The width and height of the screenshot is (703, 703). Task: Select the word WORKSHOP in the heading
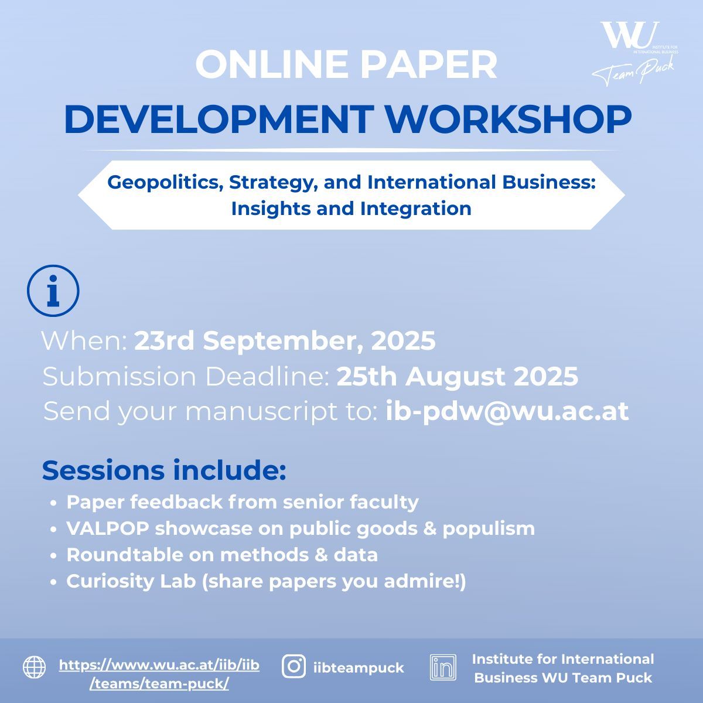coord(509,120)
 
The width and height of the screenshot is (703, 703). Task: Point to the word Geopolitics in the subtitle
coord(165,183)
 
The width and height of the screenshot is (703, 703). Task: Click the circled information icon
coord(53,291)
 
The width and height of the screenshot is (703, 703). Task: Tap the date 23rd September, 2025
coord(285,341)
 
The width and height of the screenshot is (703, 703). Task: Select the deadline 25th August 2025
coord(458,377)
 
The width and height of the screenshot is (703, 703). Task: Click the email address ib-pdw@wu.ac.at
coord(507,411)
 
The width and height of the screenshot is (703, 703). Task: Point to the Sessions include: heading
coord(164,470)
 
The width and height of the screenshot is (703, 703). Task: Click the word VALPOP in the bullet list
coord(108,528)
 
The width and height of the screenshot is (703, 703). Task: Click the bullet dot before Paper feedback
coord(54,503)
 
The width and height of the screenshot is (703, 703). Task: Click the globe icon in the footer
coord(35,667)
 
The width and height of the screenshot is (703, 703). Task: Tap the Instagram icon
coord(294,667)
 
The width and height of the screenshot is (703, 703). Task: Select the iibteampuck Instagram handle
coord(359,668)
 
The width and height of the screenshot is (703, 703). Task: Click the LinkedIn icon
coord(443,667)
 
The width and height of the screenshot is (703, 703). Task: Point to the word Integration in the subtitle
coord(416,209)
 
